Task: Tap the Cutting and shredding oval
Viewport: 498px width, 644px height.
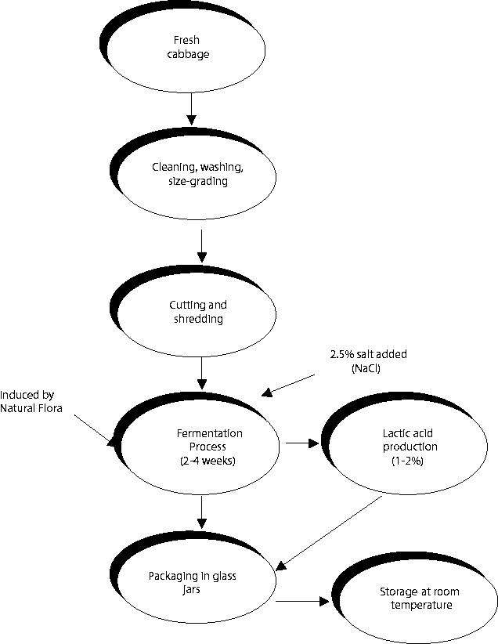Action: (x=199, y=312)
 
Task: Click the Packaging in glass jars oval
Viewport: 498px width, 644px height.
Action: (x=196, y=583)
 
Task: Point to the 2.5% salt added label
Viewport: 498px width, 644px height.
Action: (x=368, y=355)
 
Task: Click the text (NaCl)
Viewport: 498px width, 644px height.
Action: (x=366, y=367)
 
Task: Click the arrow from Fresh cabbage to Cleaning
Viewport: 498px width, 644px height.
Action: (x=190, y=107)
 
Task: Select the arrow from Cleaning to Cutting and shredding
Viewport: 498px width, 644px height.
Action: (x=202, y=245)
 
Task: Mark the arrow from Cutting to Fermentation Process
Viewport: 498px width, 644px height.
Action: (x=202, y=373)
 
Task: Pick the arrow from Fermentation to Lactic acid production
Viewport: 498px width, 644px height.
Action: (x=303, y=443)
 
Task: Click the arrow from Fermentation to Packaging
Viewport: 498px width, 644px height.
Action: (x=202, y=511)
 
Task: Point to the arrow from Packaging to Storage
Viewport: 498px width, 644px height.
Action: (x=301, y=602)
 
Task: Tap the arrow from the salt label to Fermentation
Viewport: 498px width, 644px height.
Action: (x=290, y=383)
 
